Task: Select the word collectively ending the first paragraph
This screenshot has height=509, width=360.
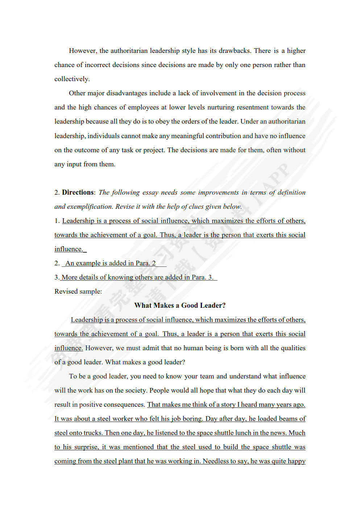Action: pyautogui.click(x=71, y=79)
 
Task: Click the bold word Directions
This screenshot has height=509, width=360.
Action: pyautogui.click(x=78, y=193)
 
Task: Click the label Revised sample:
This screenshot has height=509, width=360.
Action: pyautogui.click(x=78, y=291)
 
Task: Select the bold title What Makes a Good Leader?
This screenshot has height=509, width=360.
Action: pyautogui.click(x=180, y=306)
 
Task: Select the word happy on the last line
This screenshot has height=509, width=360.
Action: pyautogui.click(x=297, y=461)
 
